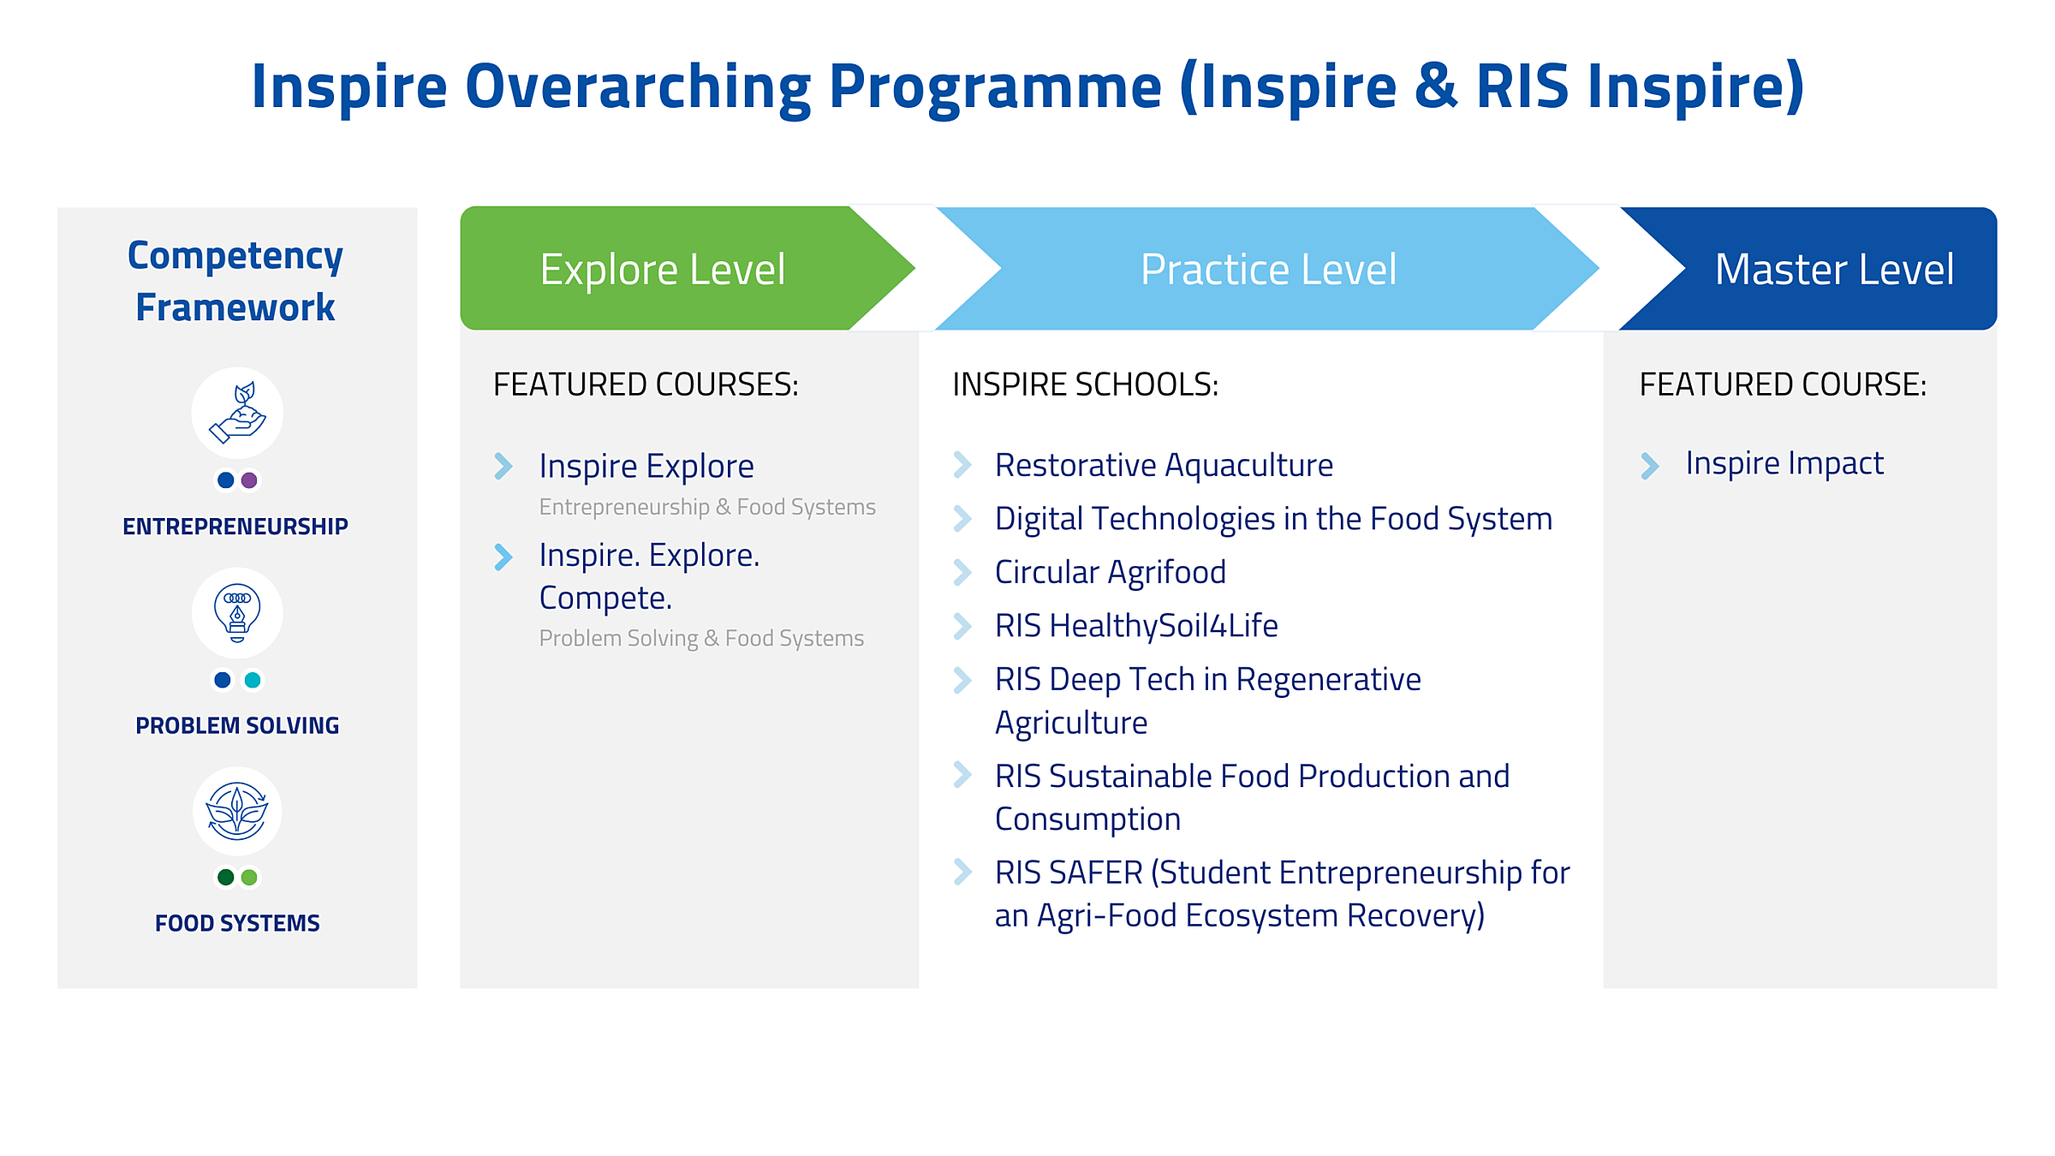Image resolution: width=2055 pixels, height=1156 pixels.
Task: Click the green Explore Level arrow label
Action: coord(662,270)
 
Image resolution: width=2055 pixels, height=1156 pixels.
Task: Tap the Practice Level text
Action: coord(1268,270)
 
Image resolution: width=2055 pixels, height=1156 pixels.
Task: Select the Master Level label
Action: coord(1834,270)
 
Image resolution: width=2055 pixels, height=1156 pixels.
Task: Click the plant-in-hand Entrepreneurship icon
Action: coord(237,413)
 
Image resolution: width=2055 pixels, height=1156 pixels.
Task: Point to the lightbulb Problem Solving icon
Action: coord(237,612)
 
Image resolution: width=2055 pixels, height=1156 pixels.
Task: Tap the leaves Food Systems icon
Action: coord(237,811)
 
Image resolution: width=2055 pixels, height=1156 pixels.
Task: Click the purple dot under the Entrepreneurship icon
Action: coord(249,480)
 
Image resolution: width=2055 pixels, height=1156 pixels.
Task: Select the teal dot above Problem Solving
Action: coord(253,680)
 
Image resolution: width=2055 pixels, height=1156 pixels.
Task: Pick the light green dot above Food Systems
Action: coord(249,877)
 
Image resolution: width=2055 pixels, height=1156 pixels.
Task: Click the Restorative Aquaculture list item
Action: coord(1164,465)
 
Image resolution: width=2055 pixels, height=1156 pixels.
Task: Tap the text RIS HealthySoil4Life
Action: coord(1136,626)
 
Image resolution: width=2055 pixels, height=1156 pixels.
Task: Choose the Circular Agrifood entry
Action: coord(1110,572)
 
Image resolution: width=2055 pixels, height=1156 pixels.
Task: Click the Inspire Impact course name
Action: coord(1784,463)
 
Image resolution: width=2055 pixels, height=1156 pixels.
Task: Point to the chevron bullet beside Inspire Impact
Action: coord(1649,466)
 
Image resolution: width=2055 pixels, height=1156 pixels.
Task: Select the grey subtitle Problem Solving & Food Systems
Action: coord(701,638)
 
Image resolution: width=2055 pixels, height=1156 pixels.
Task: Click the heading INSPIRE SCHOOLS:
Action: coord(1085,384)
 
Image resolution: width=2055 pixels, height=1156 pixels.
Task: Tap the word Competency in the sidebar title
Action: coord(235,256)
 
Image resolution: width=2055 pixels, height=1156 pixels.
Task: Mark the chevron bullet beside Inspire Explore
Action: coord(503,466)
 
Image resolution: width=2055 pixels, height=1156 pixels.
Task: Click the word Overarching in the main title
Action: coord(638,86)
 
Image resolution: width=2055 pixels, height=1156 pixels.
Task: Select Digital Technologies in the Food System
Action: coord(1273,519)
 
